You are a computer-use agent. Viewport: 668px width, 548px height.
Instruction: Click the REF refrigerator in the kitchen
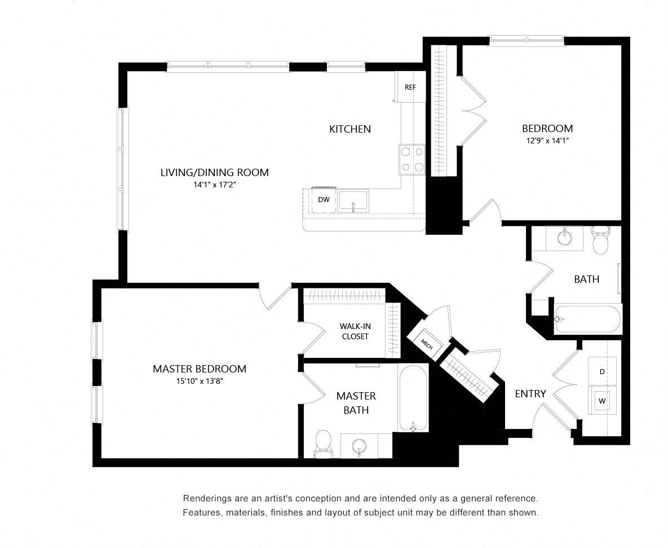(410, 86)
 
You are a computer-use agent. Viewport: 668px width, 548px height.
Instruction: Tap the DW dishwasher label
(324, 199)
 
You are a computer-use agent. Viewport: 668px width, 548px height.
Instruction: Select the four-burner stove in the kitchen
(412, 160)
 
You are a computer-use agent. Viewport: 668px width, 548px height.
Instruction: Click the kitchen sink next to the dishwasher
(353, 201)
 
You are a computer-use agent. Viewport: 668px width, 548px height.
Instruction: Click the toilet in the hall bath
(601, 240)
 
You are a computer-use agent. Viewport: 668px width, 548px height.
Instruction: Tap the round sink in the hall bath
(565, 238)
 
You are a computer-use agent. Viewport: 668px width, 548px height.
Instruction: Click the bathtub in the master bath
(413, 398)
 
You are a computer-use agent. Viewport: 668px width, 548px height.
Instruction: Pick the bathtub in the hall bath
(587, 319)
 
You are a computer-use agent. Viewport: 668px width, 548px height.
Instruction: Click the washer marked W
(602, 401)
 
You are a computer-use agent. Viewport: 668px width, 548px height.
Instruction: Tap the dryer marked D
(602, 371)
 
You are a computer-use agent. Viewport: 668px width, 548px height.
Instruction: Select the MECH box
(426, 344)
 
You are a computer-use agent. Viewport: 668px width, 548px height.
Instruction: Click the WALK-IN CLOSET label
(355, 331)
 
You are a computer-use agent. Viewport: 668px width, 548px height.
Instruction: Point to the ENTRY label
(530, 393)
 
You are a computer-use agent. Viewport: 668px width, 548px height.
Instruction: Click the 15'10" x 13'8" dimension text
(200, 381)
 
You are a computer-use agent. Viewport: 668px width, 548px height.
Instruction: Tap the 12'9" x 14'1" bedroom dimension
(547, 141)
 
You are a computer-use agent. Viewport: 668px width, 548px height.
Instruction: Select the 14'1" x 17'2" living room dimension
(214, 185)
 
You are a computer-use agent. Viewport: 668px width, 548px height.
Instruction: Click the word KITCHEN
(350, 129)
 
